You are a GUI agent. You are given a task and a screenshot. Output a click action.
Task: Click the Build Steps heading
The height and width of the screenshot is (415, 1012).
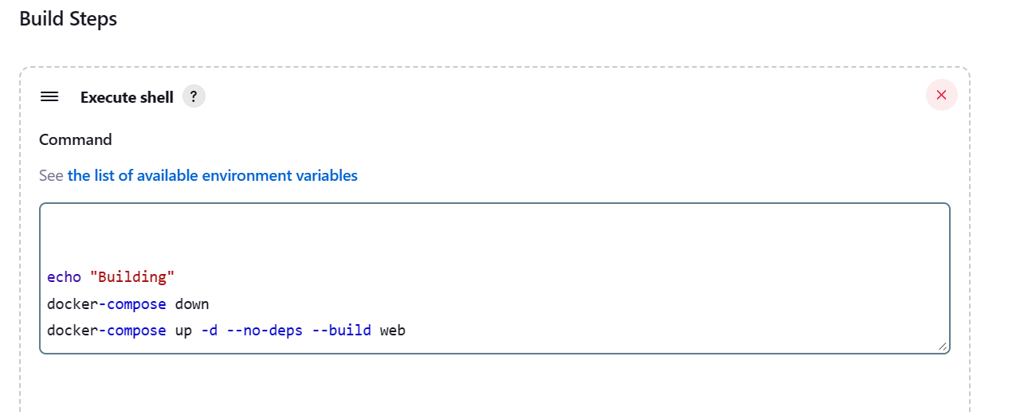[69, 19]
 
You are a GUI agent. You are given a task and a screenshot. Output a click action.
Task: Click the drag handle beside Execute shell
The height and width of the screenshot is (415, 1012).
[49, 96]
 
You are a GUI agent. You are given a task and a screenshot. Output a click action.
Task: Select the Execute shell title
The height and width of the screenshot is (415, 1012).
[127, 97]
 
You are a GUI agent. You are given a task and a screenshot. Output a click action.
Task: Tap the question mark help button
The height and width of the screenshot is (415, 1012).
[194, 96]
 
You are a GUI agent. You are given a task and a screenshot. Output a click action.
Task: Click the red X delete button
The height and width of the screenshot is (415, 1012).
[942, 95]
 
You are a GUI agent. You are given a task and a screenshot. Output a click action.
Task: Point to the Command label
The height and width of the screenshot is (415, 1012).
[76, 139]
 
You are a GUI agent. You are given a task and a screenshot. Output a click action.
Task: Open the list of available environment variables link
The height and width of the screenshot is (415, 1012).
[212, 175]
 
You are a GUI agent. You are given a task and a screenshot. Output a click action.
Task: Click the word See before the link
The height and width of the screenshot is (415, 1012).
[51, 175]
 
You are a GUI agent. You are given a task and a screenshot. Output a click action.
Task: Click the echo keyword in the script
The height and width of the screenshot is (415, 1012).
[65, 277]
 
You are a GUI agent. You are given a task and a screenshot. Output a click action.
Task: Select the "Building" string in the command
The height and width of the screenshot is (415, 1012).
[132, 277]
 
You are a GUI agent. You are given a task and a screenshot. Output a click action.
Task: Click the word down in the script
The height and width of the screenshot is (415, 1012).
[192, 304]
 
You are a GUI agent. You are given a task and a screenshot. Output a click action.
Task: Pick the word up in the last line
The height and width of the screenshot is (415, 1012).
[183, 331]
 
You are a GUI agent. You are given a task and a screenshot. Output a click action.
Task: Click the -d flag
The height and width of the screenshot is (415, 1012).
[210, 331]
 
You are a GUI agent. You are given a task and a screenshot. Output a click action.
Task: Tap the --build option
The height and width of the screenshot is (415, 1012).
[342, 331]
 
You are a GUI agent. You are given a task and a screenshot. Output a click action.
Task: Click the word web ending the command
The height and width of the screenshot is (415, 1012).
[393, 331]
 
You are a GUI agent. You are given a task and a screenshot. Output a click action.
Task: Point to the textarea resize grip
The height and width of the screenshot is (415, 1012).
[942, 346]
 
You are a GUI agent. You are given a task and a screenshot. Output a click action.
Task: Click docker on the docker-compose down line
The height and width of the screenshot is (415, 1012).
[73, 304]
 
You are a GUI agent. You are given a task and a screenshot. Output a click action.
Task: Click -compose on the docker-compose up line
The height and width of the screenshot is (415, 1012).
[132, 331]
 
